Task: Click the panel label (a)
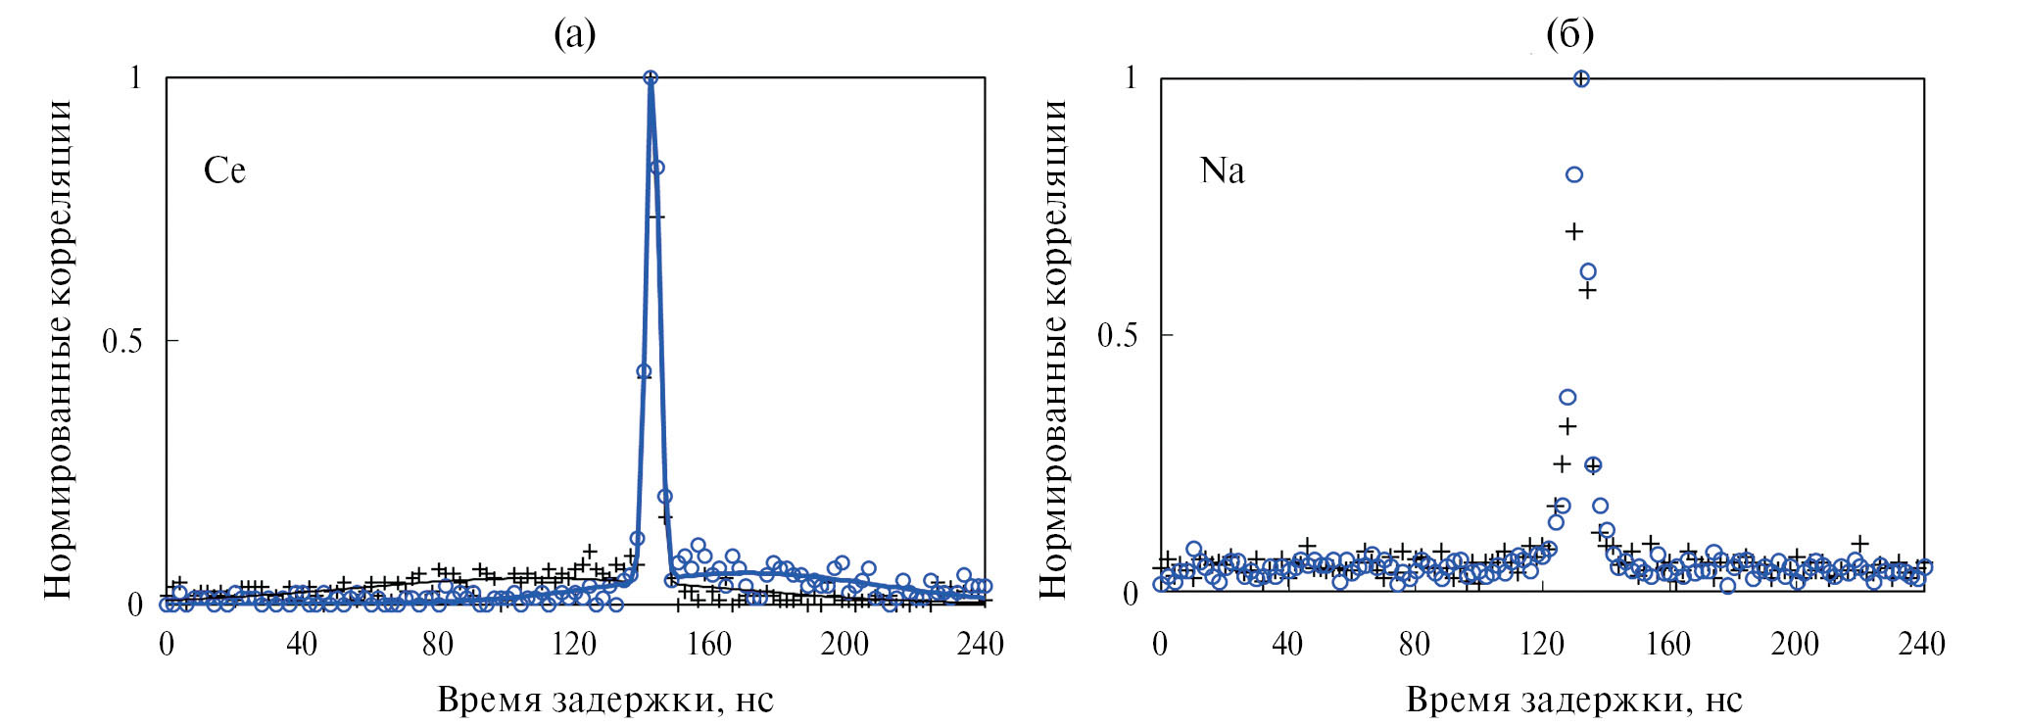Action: coord(574,34)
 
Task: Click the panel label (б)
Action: coord(1568,34)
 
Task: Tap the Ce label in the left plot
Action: coord(224,170)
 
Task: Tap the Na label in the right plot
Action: coord(1222,170)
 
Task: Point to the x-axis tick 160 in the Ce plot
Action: coord(708,644)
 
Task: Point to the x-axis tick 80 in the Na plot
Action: coord(1414,644)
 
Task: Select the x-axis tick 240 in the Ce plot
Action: coord(980,644)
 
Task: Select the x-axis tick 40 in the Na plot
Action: coord(1286,644)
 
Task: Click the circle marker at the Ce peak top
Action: coord(650,77)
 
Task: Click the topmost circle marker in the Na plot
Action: coord(1580,78)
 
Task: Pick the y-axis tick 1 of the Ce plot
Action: coord(136,77)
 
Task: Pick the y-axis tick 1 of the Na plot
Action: coord(1132,77)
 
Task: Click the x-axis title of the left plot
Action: coord(604,700)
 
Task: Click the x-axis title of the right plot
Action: coord(1574,700)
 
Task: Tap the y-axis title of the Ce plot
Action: coord(59,348)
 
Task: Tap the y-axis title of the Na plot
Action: coord(1052,348)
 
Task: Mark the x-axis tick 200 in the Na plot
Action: coord(1795,644)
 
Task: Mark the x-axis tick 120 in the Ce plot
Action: coord(573,644)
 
